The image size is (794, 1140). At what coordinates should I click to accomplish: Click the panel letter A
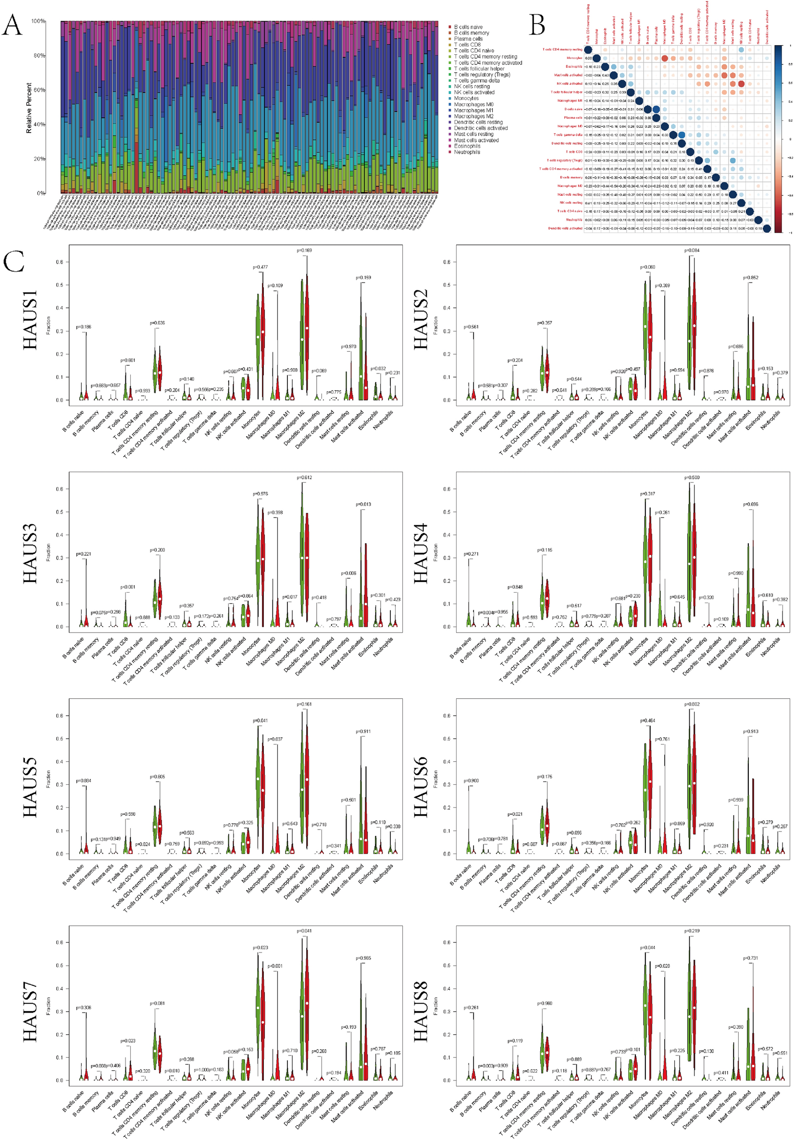tap(12, 25)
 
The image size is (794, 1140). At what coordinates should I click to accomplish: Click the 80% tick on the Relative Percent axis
tap(39, 56)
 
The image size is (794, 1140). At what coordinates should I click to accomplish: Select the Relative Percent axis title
tap(29, 107)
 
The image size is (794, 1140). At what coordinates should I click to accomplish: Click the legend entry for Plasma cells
tap(468, 39)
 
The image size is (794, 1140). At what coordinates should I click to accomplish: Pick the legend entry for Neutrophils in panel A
tap(466, 152)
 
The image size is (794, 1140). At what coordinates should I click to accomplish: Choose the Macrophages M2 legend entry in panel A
tap(473, 116)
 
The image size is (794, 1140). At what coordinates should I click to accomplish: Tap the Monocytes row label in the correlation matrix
tap(574, 58)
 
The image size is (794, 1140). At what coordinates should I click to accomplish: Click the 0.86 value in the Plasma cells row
tap(647, 118)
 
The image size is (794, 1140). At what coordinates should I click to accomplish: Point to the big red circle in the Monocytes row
tap(664, 59)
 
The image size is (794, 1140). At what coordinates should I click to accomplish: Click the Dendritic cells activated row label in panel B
tap(565, 228)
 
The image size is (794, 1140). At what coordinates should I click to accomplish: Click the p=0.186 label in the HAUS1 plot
tap(84, 327)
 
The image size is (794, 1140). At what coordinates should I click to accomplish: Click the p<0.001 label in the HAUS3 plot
tap(128, 587)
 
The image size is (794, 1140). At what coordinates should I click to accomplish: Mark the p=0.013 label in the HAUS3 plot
tap(363, 504)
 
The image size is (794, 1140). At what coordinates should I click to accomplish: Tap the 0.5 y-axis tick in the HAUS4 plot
tap(447, 512)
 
